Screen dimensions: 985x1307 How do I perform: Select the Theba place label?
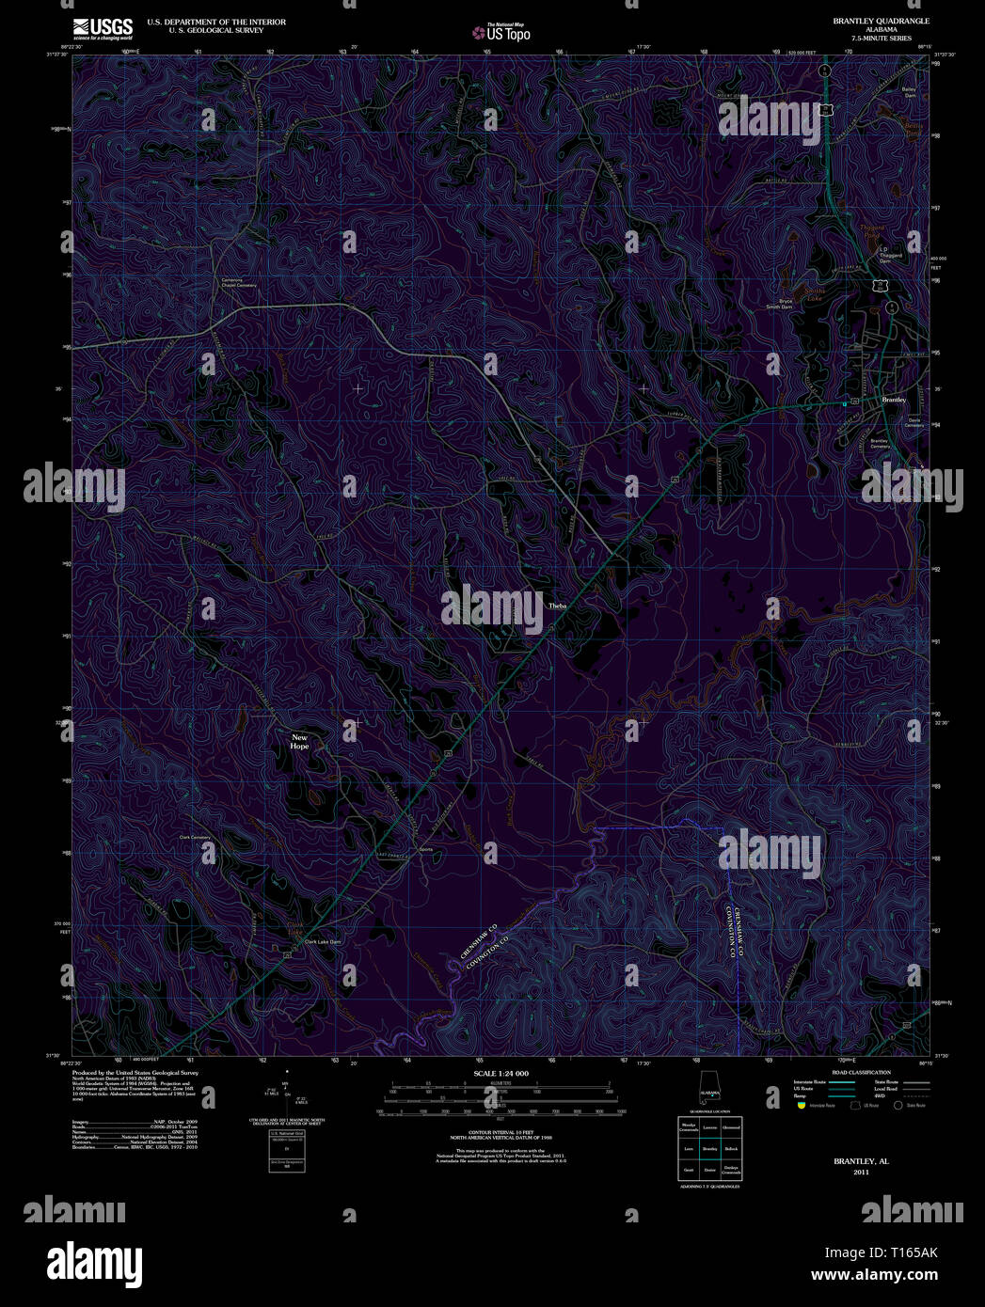(x=558, y=606)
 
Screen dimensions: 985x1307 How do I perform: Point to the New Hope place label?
(x=299, y=742)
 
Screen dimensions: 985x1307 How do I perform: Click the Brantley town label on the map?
(x=893, y=401)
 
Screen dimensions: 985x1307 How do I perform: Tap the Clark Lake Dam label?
(x=322, y=941)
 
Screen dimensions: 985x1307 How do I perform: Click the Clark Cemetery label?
(x=195, y=837)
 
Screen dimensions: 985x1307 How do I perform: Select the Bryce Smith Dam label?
(x=779, y=304)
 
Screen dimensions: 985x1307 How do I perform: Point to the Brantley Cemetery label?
(x=880, y=443)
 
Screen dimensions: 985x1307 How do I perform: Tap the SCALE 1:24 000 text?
(x=500, y=1073)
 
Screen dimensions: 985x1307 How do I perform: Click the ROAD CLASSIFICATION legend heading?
(x=861, y=1073)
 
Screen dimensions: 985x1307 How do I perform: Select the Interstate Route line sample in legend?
(x=841, y=1082)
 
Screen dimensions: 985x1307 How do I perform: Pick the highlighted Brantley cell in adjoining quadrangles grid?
(x=709, y=1149)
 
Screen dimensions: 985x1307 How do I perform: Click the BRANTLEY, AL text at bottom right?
(x=861, y=1161)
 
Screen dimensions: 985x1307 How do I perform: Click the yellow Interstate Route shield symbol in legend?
(x=800, y=1106)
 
